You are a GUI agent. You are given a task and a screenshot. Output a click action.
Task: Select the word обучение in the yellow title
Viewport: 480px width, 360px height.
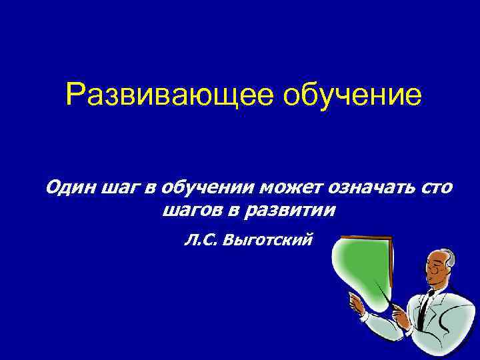(353, 95)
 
